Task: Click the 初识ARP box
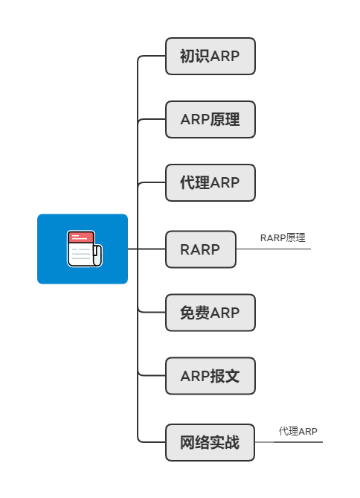210,57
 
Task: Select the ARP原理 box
210,119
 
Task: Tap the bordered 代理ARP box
210,183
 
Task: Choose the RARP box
200,249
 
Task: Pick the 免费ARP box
210,313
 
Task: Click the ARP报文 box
210,376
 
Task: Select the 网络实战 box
210,442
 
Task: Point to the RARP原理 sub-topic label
283,238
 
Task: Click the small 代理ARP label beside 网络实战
298,432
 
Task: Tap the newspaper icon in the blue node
84,249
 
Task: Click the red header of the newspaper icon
80,237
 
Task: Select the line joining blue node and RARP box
146,249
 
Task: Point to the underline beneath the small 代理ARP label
298,442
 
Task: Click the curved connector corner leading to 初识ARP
140,59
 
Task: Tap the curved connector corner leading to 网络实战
140,440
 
